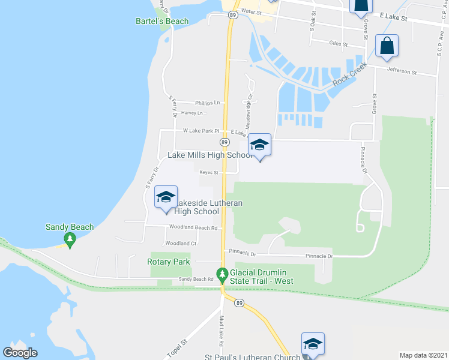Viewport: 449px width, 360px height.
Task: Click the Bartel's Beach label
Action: click(x=161, y=22)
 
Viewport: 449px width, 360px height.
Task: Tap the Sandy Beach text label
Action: click(x=70, y=227)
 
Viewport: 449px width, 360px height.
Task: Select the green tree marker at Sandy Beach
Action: click(x=70, y=241)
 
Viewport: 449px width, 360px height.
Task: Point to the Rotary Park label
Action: click(x=169, y=262)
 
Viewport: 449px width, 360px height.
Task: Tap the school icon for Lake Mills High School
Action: click(x=259, y=146)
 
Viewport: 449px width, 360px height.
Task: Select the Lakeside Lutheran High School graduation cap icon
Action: click(x=166, y=197)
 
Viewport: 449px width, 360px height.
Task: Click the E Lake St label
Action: click(x=393, y=19)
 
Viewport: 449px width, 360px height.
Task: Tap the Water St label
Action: click(x=252, y=11)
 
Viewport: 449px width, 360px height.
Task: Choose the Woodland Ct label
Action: click(x=181, y=244)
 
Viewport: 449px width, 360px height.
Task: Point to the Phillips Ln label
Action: click(x=207, y=103)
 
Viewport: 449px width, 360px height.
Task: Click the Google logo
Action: click(x=20, y=352)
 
